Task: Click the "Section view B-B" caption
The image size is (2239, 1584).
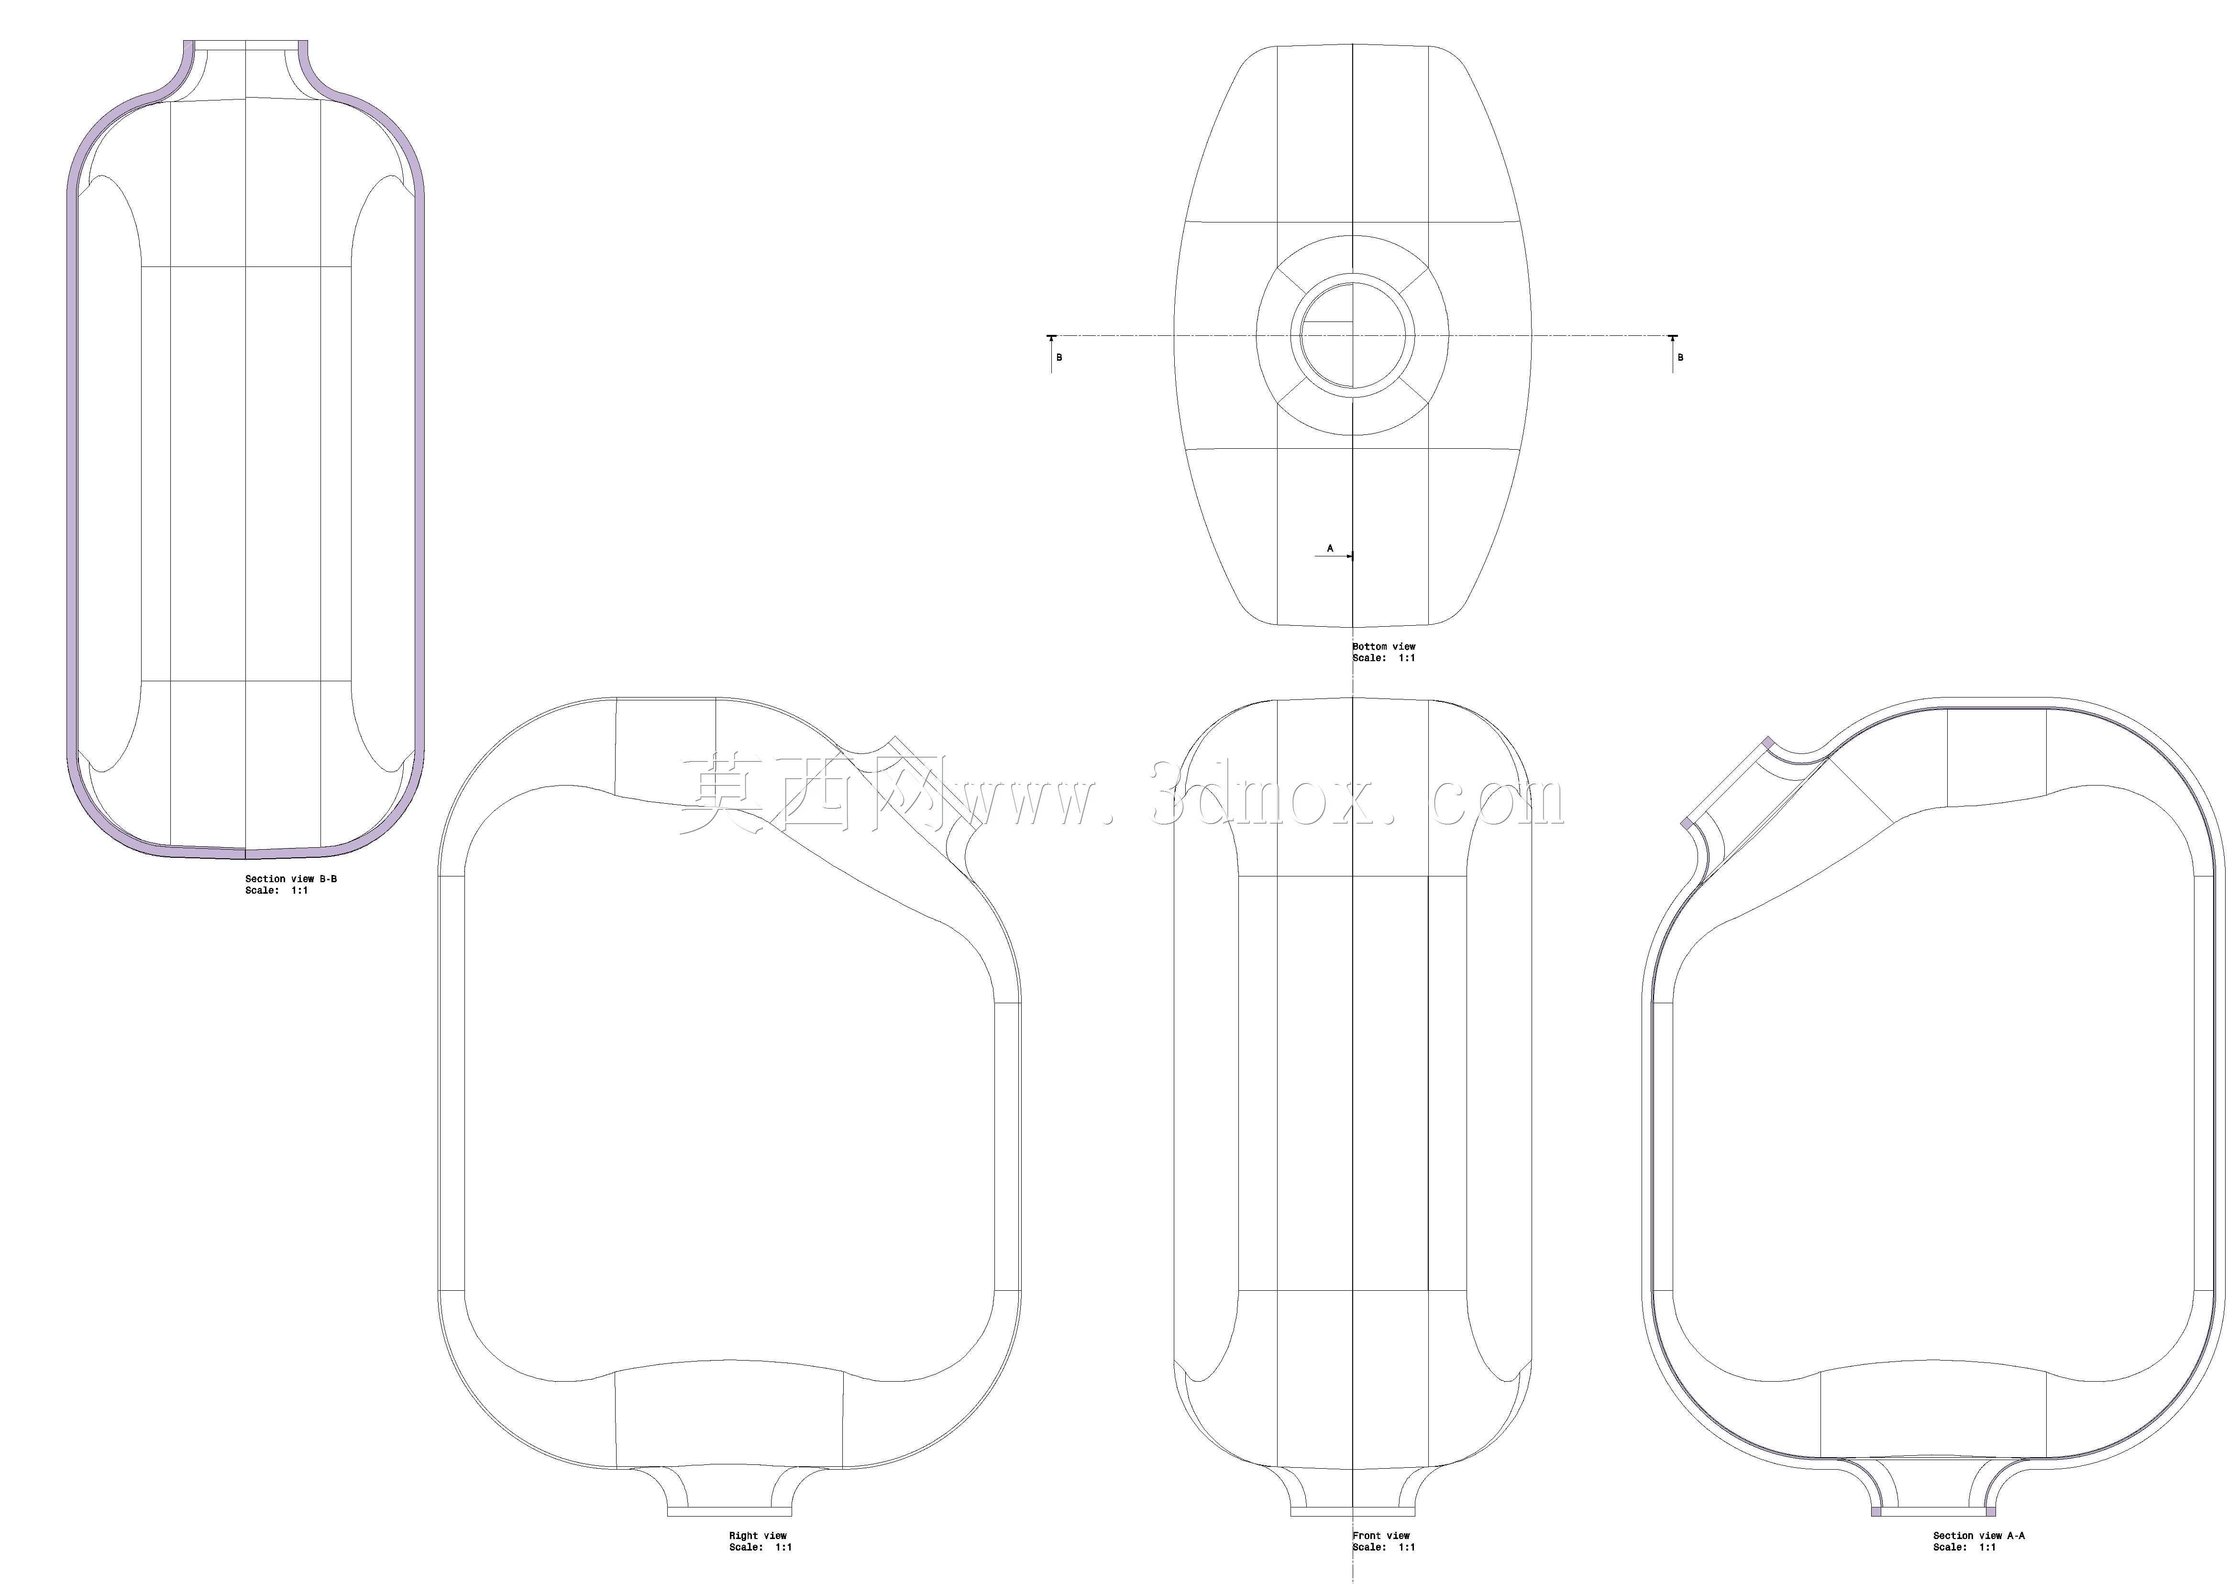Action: (291, 879)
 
